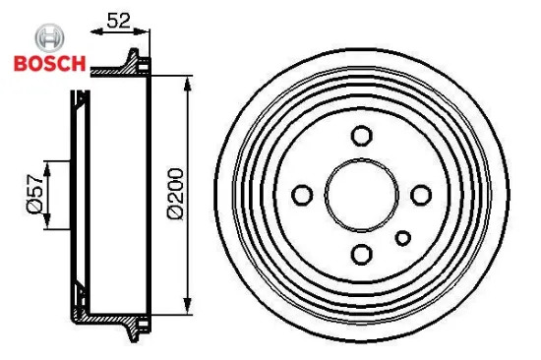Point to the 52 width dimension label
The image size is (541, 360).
(119, 18)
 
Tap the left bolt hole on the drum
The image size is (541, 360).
(302, 194)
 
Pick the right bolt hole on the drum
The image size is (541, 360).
(421, 193)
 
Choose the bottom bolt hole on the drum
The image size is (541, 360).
(361, 253)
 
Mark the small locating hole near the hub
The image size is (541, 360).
(401, 237)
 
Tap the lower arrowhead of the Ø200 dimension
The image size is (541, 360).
(188, 309)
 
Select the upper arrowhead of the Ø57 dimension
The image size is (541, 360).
(46, 162)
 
